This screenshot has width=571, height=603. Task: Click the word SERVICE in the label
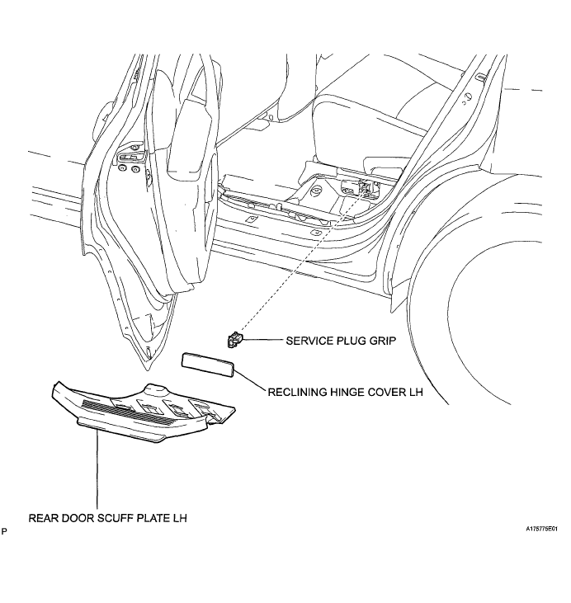(x=309, y=341)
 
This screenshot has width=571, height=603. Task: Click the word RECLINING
(x=297, y=393)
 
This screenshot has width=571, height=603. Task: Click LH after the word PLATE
(x=180, y=518)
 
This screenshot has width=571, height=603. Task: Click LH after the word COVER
(x=416, y=393)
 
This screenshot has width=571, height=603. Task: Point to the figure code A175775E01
(x=542, y=529)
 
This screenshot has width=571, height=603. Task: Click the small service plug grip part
(x=234, y=340)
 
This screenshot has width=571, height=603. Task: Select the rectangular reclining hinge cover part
(x=208, y=364)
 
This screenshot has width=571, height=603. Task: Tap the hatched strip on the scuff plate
(x=131, y=412)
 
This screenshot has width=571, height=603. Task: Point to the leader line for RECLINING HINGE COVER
(x=250, y=381)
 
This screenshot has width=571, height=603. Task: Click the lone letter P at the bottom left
(x=4, y=532)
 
